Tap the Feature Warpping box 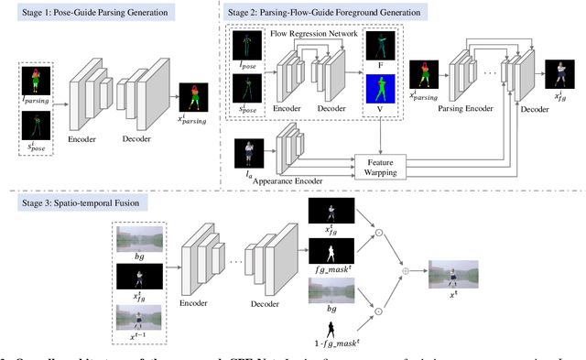[x=382, y=166]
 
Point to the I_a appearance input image [x=248, y=152]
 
